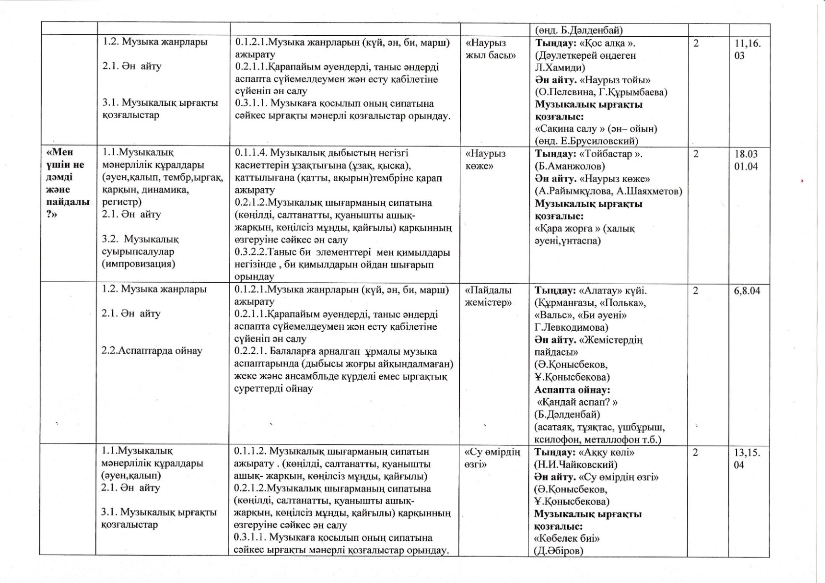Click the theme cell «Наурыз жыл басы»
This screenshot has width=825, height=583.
tap(490, 49)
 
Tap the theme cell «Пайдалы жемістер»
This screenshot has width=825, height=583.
tap(488, 296)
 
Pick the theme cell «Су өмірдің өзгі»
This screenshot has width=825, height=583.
tap(491, 458)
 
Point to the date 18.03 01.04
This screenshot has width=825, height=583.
tap(746, 160)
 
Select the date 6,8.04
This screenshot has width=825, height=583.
tap(747, 291)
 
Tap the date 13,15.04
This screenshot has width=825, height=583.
tap(747, 458)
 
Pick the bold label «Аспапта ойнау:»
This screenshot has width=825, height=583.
tap(572, 390)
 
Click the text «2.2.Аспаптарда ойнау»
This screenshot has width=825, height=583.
tap(151, 351)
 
